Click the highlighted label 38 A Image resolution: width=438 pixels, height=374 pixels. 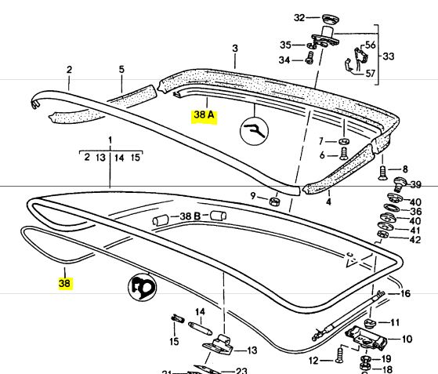205,115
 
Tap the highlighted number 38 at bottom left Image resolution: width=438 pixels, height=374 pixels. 64,283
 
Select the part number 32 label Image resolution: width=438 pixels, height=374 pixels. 299,18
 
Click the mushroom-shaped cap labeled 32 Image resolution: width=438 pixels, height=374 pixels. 331,19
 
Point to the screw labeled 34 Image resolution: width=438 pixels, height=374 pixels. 309,58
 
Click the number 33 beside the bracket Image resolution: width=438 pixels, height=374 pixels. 389,56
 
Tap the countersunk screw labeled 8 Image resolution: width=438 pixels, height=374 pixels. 382,172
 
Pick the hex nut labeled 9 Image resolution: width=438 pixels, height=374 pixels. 274,201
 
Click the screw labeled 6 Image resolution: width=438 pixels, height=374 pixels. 344,154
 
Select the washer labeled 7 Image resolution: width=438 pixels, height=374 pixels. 344,141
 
